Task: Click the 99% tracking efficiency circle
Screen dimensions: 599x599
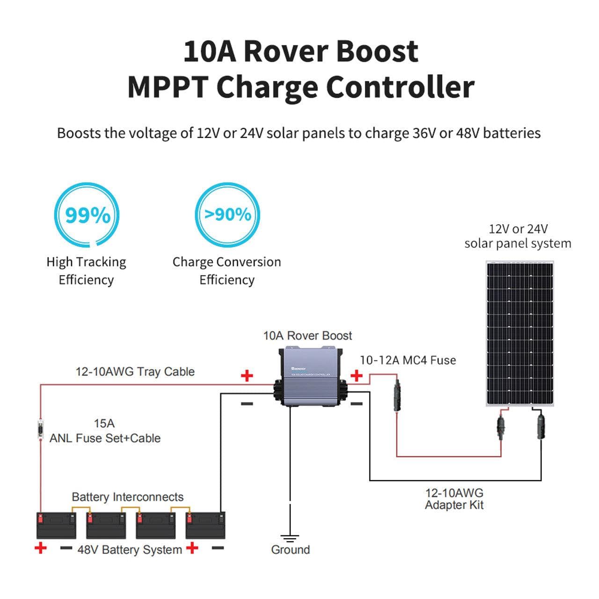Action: tap(87, 215)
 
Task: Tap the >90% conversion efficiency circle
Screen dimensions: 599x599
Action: tap(227, 215)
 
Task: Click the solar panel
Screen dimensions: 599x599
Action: tap(519, 334)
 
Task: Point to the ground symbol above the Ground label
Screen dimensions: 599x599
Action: tap(290, 538)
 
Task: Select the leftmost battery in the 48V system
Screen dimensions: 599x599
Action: tap(56, 525)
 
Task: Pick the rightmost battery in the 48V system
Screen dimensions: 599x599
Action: tap(205, 525)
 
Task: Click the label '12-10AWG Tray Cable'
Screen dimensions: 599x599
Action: tap(135, 372)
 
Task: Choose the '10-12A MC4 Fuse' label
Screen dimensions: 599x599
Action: tap(408, 360)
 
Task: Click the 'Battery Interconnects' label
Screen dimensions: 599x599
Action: tap(127, 497)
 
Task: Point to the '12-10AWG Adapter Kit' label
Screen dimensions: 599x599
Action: tap(454, 499)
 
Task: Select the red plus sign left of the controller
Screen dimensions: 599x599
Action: tap(247, 375)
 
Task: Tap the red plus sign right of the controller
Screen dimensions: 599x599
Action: tap(357, 375)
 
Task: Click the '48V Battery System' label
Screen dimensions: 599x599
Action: tap(130, 549)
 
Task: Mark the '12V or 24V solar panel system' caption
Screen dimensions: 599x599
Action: tap(518, 236)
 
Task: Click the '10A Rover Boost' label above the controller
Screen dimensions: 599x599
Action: tap(307, 336)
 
